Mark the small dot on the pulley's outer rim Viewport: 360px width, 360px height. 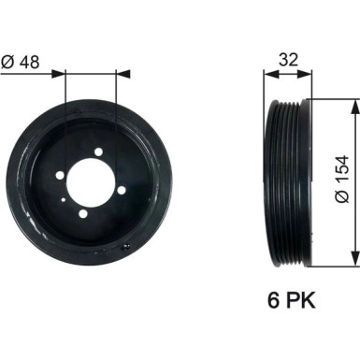[129, 244]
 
